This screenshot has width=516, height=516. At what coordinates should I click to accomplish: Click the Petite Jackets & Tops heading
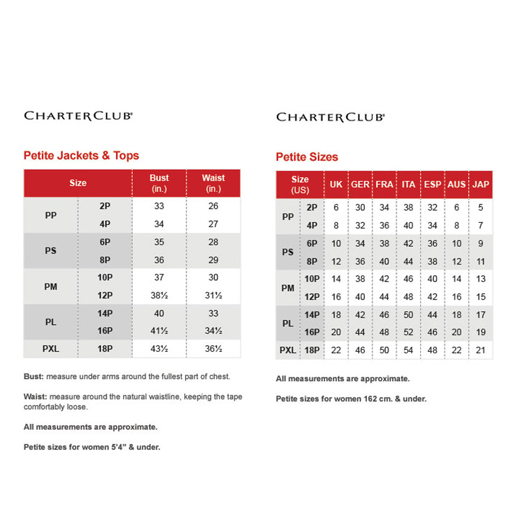tap(82, 155)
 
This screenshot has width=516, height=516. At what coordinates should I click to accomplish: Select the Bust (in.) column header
tap(159, 183)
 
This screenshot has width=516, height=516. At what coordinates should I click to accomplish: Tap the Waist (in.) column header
tap(213, 183)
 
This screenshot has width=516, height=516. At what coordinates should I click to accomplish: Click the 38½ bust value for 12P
tap(159, 295)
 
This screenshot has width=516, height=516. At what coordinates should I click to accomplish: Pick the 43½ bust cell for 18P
tap(159, 349)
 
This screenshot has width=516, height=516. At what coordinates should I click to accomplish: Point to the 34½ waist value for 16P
tap(213, 331)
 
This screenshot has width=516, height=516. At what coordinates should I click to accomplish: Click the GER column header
tap(360, 184)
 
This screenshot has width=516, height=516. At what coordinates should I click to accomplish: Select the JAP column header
tap(480, 184)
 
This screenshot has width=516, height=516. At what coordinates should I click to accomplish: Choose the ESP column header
tap(432, 184)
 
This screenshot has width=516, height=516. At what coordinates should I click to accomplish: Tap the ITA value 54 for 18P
tap(408, 350)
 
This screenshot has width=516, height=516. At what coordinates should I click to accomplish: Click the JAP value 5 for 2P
tap(480, 207)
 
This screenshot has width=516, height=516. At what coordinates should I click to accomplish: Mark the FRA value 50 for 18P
tap(384, 350)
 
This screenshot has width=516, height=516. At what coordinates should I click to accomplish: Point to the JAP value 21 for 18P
tap(480, 350)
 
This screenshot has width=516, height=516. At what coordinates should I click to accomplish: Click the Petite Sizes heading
tap(307, 157)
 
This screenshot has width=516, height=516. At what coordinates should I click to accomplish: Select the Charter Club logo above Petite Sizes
tap(330, 117)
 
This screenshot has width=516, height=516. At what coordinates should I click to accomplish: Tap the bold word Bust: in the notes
tap(34, 377)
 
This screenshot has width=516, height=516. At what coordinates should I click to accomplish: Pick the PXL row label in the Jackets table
tap(51, 349)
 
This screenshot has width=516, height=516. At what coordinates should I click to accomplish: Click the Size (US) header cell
tap(300, 184)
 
